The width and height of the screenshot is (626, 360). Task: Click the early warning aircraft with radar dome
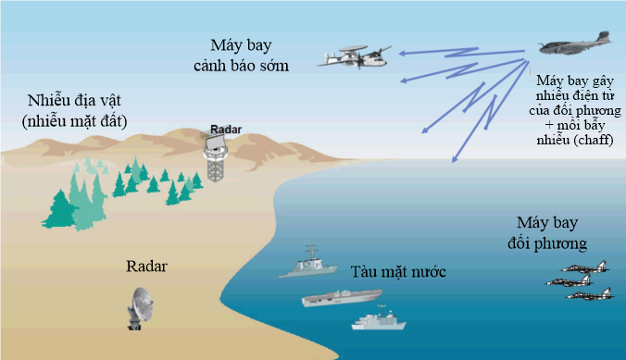click(355, 57)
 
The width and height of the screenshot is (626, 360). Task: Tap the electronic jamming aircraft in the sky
click(575, 43)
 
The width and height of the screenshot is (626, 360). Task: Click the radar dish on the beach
click(141, 308)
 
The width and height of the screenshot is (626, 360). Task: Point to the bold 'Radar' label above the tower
click(226, 130)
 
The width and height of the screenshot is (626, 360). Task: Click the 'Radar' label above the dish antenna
click(146, 267)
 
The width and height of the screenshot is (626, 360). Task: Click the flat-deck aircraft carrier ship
click(342, 298)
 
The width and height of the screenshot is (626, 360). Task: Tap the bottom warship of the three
click(379, 318)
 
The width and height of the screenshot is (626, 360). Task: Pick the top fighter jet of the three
click(585, 267)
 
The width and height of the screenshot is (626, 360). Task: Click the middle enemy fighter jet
click(570, 280)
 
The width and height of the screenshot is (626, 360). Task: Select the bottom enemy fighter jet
click(589, 293)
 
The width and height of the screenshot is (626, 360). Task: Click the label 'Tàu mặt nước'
click(398, 272)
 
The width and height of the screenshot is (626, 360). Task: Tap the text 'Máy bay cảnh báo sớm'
click(241, 56)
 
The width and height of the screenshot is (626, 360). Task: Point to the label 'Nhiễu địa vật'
click(74, 100)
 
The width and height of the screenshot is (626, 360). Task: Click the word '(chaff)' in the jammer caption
click(592, 140)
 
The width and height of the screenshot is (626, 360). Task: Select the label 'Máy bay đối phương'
click(547, 232)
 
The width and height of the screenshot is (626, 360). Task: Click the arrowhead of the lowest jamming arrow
click(455, 159)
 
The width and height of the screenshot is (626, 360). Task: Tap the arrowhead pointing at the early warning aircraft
click(402, 53)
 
